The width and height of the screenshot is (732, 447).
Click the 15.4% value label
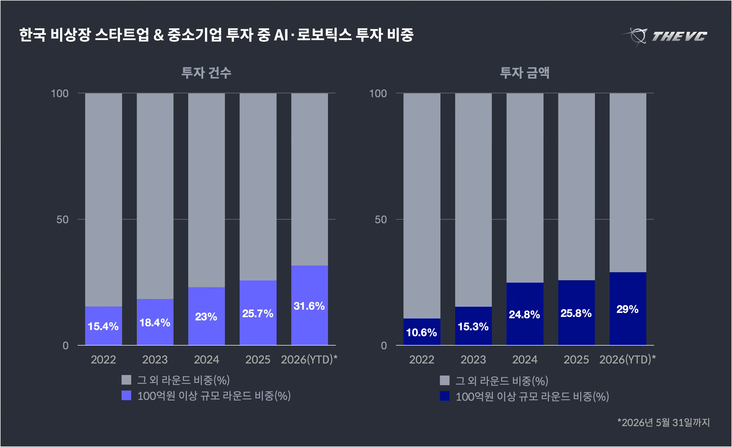click(x=103, y=326)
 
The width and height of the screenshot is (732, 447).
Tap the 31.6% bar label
click(x=309, y=306)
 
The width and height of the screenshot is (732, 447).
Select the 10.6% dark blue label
click(x=421, y=332)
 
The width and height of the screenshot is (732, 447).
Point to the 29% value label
click(x=627, y=309)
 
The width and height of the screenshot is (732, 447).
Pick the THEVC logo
click(x=665, y=36)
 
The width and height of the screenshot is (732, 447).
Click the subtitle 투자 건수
click(x=206, y=73)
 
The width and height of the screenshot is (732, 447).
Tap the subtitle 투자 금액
click(x=525, y=73)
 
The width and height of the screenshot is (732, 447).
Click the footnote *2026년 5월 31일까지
click(x=663, y=422)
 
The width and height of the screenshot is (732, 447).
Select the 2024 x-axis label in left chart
click(x=206, y=360)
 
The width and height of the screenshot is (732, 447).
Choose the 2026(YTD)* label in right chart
click(x=627, y=360)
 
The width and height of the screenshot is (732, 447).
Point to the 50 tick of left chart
click(x=62, y=219)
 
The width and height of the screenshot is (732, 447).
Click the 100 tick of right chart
click(x=378, y=94)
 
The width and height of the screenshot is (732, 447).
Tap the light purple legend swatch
click(x=126, y=395)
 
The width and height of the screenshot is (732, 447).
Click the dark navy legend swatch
click(x=445, y=396)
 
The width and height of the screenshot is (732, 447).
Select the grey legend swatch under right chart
click(x=445, y=380)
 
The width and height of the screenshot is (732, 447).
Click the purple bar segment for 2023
click(x=155, y=322)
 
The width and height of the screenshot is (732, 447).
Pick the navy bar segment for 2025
click(x=576, y=313)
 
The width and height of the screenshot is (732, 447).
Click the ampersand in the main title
click(x=159, y=35)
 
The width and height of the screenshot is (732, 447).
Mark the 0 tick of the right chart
click(x=384, y=346)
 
